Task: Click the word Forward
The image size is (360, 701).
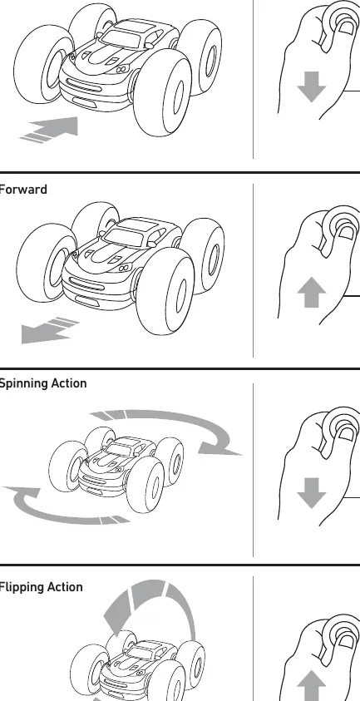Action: click(x=22, y=190)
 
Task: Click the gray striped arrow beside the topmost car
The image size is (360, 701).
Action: click(x=50, y=130)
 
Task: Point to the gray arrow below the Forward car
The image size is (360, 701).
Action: click(x=50, y=330)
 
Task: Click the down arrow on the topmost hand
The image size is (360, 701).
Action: click(x=311, y=86)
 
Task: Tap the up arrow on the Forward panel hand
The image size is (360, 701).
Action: click(x=311, y=292)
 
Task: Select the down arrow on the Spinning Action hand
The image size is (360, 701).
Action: click(x=311, y=492)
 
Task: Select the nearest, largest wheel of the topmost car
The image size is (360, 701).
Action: click(x=163, y=91)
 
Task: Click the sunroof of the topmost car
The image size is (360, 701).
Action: click(x=129, y=27)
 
